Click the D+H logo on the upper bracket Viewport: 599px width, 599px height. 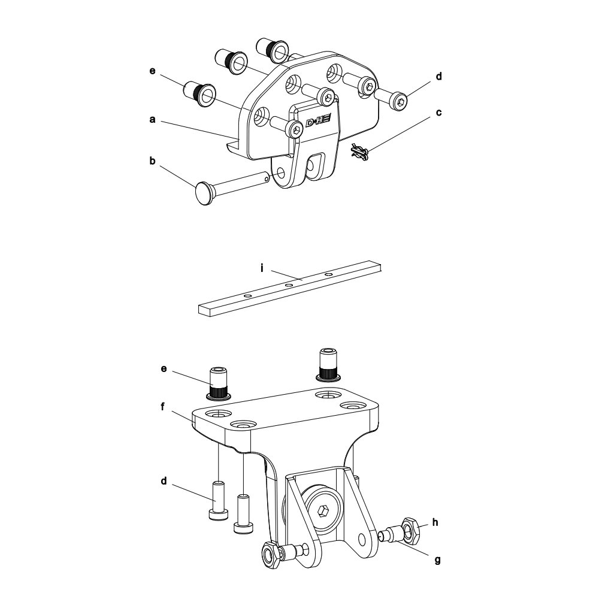[318, 121]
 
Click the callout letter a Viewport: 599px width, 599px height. [152, 120]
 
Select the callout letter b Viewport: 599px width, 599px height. [152, 161]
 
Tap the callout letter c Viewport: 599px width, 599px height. [438, 113]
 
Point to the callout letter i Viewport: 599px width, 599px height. [262, 268]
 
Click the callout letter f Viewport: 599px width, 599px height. [162, 407]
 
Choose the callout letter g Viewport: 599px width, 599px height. [438, 561]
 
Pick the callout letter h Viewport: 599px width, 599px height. [435, 522]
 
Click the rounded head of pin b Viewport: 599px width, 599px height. [204, 193]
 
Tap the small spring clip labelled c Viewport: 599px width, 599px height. [359, 152]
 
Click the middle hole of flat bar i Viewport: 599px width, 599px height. [289, 285]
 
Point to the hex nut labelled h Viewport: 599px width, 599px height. [411, 530]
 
